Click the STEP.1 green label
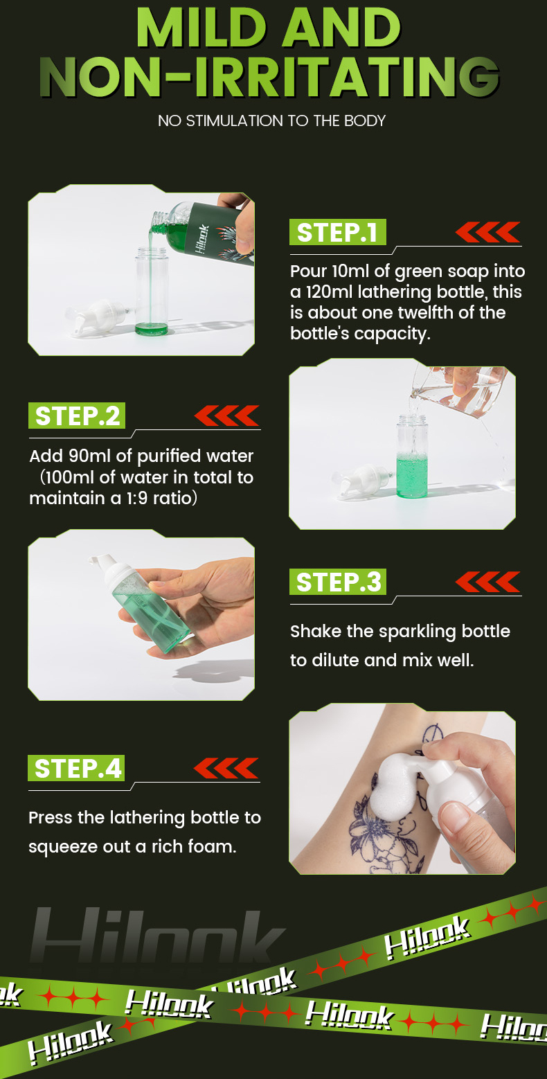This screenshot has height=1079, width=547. (337, 232)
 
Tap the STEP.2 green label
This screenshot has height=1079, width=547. (77, 416)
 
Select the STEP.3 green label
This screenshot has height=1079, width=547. (337, 582)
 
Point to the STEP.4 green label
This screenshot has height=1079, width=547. (76, 768)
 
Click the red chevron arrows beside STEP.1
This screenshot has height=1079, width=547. (487, 232)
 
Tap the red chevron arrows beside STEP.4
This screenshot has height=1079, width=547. (226, 768)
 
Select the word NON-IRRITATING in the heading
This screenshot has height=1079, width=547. (269, 77)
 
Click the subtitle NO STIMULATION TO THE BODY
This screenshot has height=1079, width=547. (272, 121)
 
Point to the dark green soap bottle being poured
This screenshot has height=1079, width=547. (212, 231)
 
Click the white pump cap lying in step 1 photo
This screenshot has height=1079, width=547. (96, 315)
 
